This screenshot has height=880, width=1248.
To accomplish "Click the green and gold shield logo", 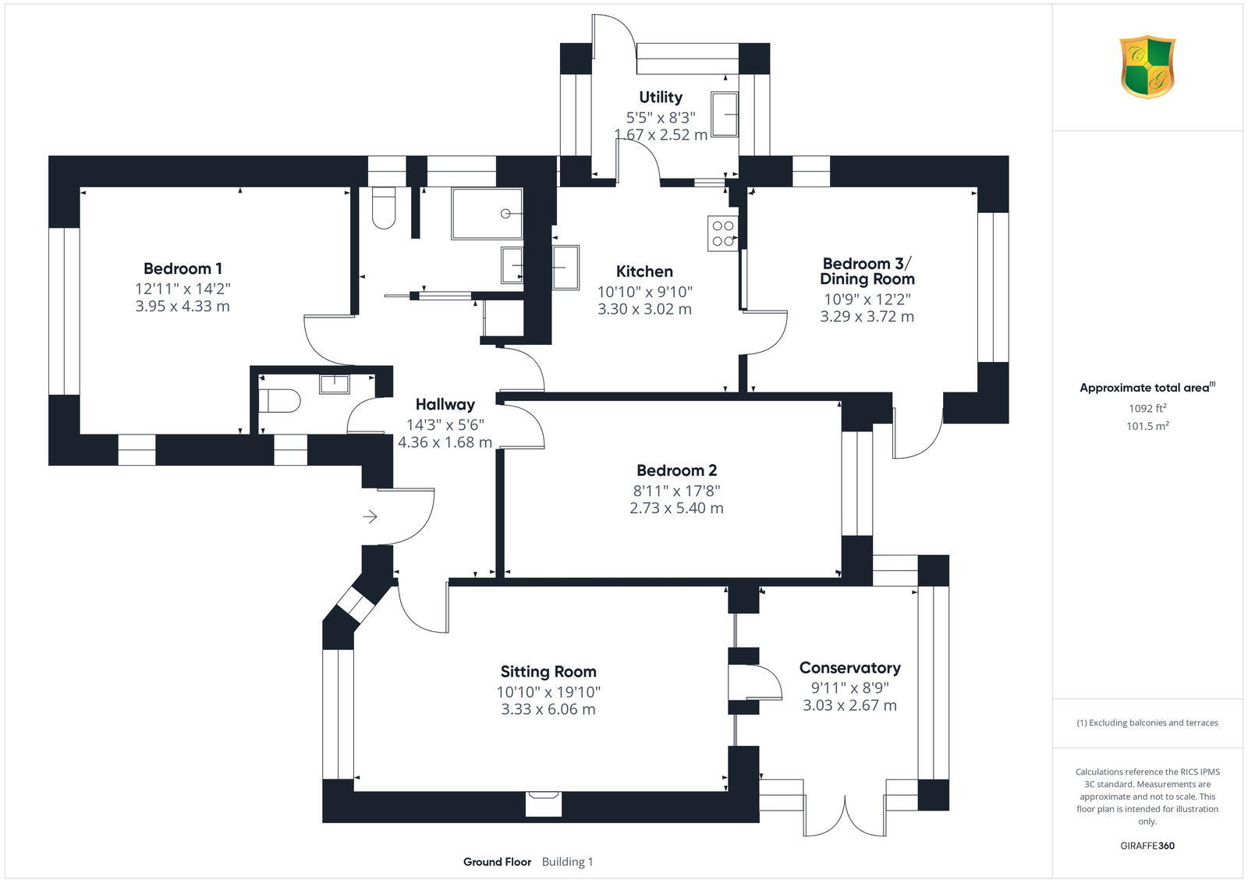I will tap(1147, 66).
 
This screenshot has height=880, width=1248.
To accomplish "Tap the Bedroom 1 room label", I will tap(183, 268).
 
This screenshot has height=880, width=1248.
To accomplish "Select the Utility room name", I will tap(661, 98).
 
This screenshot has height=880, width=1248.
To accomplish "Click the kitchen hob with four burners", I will tap(722, 232).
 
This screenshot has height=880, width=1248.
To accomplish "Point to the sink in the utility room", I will tap(725, 114).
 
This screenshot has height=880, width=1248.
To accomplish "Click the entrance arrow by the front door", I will tap(370, 516).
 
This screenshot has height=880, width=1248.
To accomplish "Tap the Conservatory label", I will tap(849, 668).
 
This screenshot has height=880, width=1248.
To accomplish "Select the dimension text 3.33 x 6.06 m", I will tap(548, 710).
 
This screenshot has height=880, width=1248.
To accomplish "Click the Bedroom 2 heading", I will tap(676, 470).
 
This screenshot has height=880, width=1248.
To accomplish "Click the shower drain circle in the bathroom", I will tap(506, 213).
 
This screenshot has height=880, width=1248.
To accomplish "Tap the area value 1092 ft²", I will tap(1147, 408).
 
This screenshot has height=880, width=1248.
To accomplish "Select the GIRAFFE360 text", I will tap(1147, 846).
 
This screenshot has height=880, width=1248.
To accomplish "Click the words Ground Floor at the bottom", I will tap(497, 862).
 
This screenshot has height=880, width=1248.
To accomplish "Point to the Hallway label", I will tap(445, 404).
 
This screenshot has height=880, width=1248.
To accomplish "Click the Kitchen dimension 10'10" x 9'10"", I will tap(644, 292).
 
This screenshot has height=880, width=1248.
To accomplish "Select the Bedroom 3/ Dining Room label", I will tap(867, 271).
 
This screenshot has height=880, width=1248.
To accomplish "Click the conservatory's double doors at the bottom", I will tap(844, 815).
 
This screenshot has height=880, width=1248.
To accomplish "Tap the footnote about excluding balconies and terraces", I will tap(1147, 723).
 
